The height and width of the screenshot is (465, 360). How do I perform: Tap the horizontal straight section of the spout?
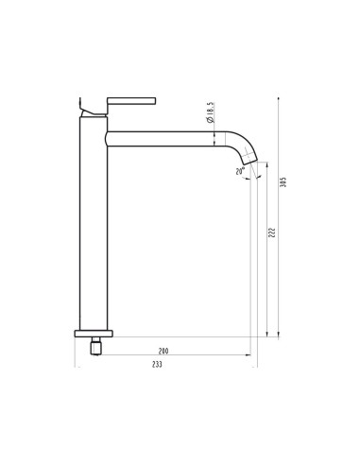pos(170,139)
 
